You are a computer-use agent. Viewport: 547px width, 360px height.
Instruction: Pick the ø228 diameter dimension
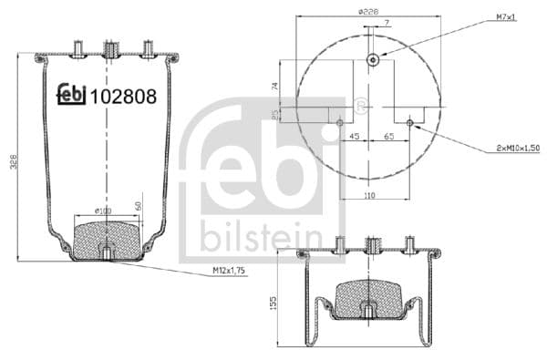368,12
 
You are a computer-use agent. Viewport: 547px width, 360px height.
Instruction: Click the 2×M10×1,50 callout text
517,147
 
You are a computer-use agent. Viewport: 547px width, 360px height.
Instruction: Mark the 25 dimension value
274,114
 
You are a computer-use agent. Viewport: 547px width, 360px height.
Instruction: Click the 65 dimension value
388,138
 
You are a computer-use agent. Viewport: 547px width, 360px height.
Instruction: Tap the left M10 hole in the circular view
340,122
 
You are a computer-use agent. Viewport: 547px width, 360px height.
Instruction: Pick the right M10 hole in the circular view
409,122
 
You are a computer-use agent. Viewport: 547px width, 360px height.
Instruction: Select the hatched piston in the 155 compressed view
371,298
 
